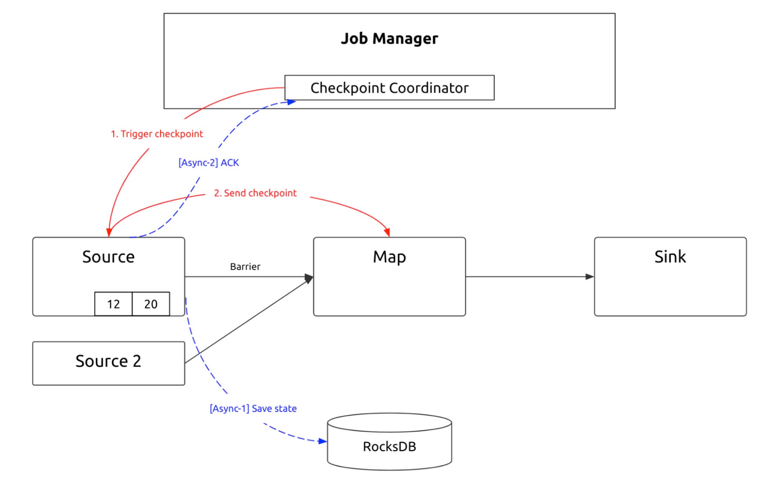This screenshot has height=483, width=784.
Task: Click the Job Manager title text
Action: [x=389, y=38]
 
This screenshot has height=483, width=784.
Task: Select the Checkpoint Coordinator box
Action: [x=389, y=88]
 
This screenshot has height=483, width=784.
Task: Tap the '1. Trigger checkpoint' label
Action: [x=157, y=134]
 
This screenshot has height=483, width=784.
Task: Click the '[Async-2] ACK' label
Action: [x=209, y=163]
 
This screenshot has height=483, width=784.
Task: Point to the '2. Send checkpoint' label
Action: [x=255, y=193]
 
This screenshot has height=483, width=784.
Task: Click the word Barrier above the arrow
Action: [x=245, y=267]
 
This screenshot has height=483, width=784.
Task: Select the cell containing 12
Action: [x=113, y=304]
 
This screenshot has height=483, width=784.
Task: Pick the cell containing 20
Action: [x=151, y=304]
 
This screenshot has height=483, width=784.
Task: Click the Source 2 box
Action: [x=108, y=361]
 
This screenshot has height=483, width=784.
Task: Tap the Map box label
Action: [x=389, y=257]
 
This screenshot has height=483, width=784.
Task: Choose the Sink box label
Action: [x=670, y=257]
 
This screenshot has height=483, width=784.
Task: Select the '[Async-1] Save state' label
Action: [x=253, y=409]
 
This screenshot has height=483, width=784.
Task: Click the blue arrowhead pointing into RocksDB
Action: [x=323, y=441]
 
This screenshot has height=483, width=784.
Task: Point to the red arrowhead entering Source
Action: [x=109, y=232]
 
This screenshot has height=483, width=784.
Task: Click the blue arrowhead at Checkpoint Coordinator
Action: [x=291, y=102]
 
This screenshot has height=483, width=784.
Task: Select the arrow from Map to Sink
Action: [x=529, y=277]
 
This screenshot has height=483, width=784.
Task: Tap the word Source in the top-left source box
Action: [x=108, y=257]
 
